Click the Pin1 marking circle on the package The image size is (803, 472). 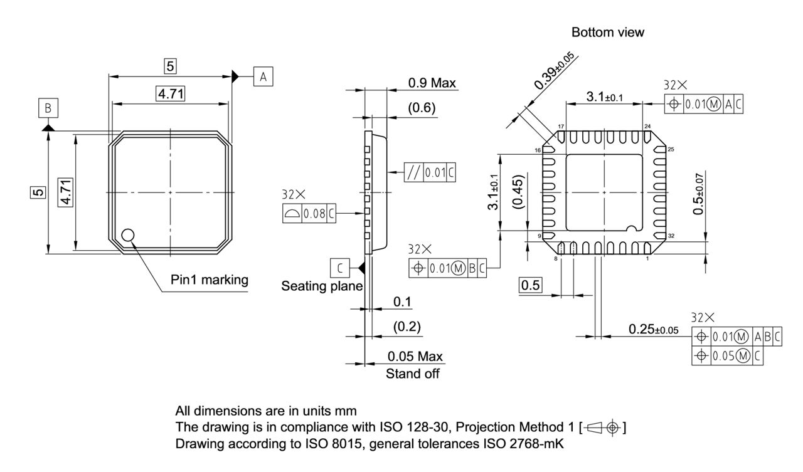coord(128,235)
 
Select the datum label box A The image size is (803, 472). coord(263,76)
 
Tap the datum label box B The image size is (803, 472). coord(48,108)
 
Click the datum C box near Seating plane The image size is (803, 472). coord(339,268)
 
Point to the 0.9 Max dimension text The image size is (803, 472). coord(432,83)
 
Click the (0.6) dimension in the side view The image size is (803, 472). coord(422,108)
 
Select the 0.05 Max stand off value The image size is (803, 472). coord(415,357)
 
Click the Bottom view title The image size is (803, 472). coord(607,33)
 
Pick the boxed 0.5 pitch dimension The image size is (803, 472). coord(531,285)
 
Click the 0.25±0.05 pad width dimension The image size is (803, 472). coord(653,330)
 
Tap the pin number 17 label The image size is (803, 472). coord(561,127)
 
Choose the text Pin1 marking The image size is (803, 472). coord(210,280)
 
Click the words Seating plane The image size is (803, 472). coord(322,286)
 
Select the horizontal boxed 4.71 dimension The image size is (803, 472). coord(170,94)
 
